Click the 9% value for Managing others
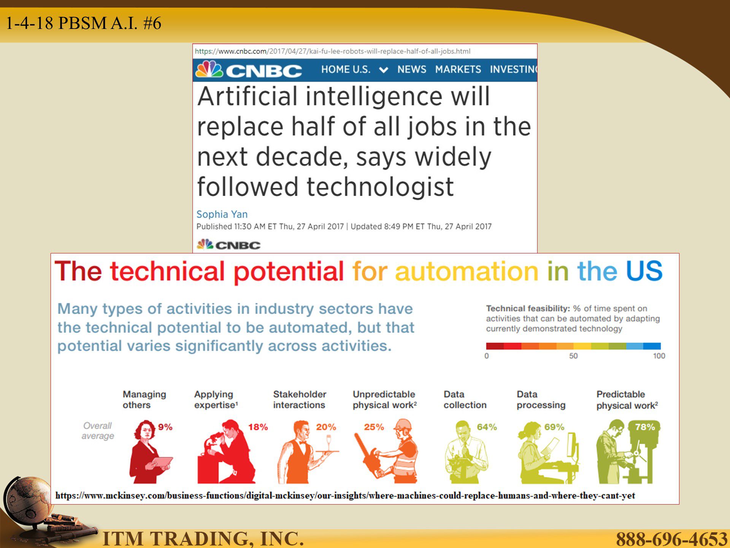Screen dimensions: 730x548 tap(165, 427)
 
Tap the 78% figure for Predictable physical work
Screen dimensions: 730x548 tap(645, 427)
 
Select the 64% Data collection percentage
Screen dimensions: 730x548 tap(487, 427)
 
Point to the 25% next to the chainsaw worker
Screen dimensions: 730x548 tap(374, 427)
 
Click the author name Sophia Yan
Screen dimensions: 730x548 tap(222, 214)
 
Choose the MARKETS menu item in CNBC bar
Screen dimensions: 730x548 tap(458, 69)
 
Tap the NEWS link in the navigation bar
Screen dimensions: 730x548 tap(412, 69)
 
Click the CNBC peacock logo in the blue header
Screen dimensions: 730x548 tap(209, 69)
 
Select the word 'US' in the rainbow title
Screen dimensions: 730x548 tap(644, 271)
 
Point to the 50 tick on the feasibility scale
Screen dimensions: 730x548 tap(573, 356)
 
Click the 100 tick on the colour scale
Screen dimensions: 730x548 tap(659, 356)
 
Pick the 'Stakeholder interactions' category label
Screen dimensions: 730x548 tap(300, 400)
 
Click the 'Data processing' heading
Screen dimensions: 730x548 tap(541, 400)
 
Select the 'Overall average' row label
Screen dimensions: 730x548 tap(98, 431)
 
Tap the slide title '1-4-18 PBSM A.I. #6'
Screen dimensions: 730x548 tap(84, 23)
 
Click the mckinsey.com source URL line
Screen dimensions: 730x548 tap(345, 495)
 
